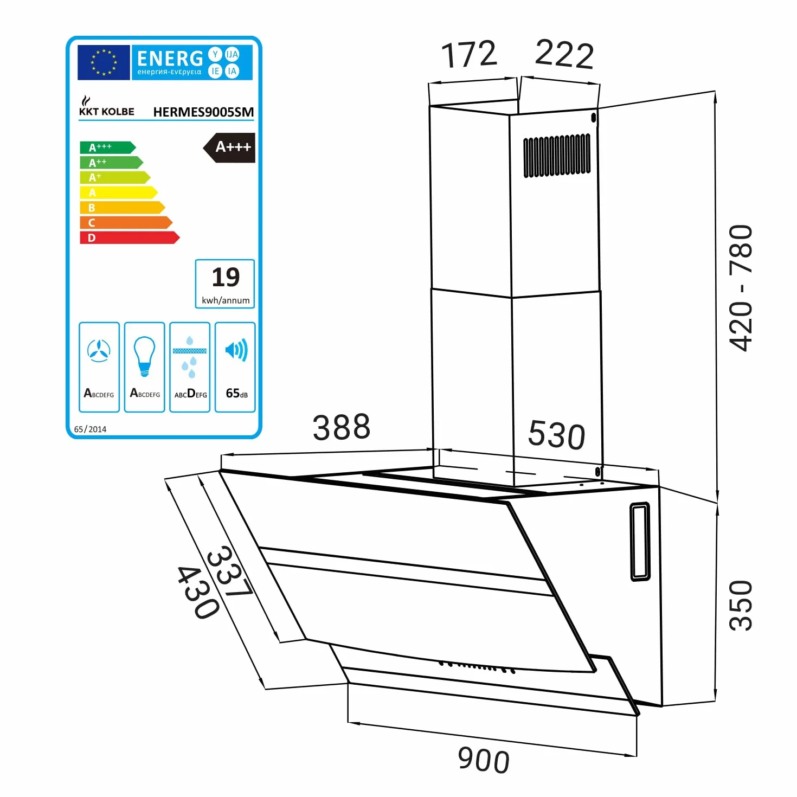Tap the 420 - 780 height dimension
tap(740, 288)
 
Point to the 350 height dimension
tap(740, 606)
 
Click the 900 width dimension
tap(484, 760)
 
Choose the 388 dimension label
tap(341, 427)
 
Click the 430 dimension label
tap(198, 592)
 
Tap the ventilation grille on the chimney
tap(557, 156)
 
